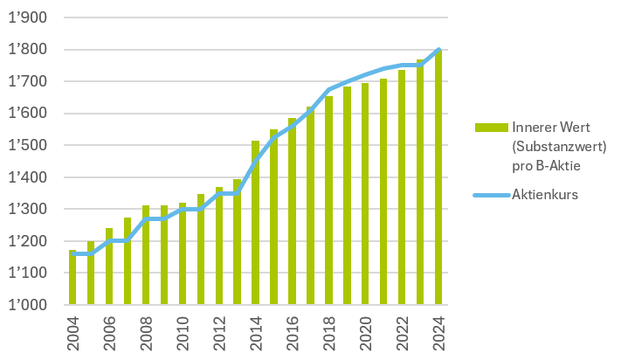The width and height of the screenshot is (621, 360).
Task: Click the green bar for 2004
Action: (73, 278)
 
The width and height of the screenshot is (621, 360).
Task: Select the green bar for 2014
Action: (256, 223)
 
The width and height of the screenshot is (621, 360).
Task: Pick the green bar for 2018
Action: (328, 201)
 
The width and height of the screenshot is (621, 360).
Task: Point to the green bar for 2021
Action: (383, 192)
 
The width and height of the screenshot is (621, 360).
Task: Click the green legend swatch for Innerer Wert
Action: (491, 128)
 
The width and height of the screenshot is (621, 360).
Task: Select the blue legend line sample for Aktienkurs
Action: (491, 194)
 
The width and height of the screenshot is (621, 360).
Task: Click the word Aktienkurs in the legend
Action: (546, 194)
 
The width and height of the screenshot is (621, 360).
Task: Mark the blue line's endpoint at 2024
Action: (438, 50)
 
